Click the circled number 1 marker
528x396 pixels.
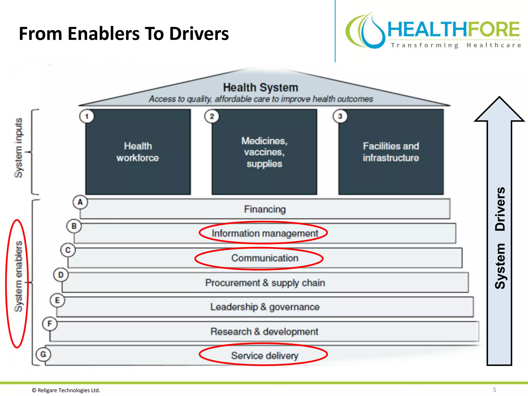coord(87,116)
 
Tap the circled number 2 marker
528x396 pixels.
coord(212,116)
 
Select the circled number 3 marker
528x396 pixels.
coord(340,116)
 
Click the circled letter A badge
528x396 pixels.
coord(80,202)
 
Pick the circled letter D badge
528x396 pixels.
coord(61,275)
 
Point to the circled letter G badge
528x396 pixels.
coord(43,354)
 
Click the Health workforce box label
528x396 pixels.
coord(138,152)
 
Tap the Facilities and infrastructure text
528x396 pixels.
coord(391,152)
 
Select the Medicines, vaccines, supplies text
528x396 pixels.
coord(264,152)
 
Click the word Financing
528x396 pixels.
coord(265,209)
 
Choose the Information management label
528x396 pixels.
coord(265,233)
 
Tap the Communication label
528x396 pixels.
coord(265,258)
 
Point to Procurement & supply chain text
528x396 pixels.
coord(265,283)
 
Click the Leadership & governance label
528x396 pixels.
coord(265,307)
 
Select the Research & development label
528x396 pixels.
coord(264,332)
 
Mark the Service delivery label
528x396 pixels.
coord(265,356)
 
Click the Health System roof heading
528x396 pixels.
coord(260,87)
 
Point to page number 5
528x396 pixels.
coord(494,390)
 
